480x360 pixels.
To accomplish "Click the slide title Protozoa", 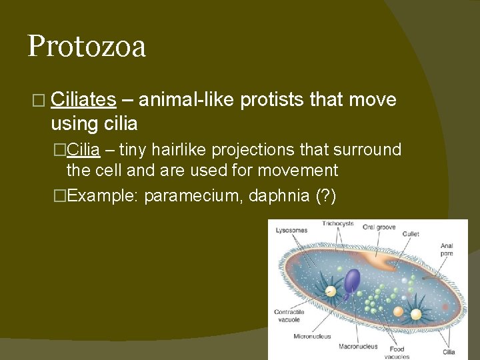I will click(x=87, y=47).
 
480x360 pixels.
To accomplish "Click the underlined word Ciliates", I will click(x=83, y=100).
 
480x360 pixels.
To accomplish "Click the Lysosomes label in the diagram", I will click(x=291, y=231).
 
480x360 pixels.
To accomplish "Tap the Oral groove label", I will click(x=379, y=226).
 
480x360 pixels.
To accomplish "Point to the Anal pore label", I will click(x=447, y=249).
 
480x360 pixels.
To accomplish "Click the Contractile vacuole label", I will click(x=289, y=315).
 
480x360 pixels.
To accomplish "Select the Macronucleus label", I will click(x=358, y=346).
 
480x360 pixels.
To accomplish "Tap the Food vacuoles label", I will click(x=397, y=352).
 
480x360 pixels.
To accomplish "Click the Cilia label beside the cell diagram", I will click(x=449, y=351).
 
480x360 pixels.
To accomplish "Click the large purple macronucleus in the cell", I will click(x=351, y=280).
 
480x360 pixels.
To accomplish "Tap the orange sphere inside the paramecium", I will click(x=398, y=311).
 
